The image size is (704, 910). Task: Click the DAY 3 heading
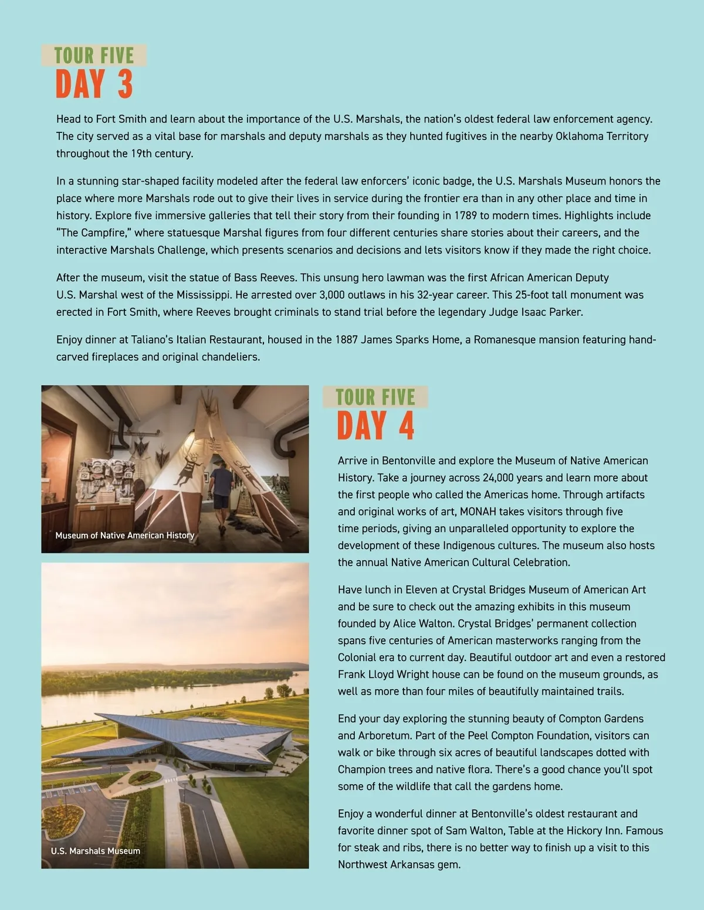click(x=94, y=84)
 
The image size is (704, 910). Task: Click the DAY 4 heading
click(x=375, y=425)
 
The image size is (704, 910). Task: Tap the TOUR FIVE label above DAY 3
click(x=94, y=56)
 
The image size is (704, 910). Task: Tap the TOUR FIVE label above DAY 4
click(x=375, y=397)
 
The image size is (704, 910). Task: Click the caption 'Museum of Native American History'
click(x=124, y=535)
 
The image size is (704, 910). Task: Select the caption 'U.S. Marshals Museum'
click(x=96, y=851)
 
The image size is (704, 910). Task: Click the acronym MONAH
click(x=478, y=512)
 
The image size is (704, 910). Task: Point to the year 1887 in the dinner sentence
click(x=346, y=340)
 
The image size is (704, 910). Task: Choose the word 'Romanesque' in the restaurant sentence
click(x=501, y=340)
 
